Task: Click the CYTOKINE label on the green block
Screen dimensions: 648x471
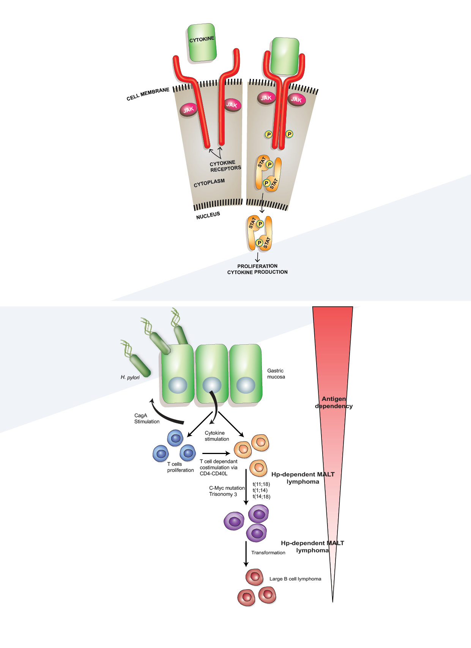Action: (202, 39)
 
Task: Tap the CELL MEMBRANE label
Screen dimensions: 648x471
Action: (148, 94)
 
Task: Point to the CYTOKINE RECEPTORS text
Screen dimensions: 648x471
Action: (225, 166)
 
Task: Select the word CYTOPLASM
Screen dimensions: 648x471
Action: (209, 183)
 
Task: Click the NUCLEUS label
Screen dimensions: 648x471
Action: (208, 216)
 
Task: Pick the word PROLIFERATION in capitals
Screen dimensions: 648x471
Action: (257, 266)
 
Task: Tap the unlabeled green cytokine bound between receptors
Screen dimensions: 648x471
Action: (284, 56)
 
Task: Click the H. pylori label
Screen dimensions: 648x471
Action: (130, 377)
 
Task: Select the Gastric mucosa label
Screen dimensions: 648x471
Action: (276, 374)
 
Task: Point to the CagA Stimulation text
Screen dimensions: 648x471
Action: (147, 418)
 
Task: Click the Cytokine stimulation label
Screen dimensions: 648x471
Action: (217, 436)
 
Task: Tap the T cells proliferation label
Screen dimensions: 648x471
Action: (180, 467)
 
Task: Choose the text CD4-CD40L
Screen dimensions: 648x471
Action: (214, 473)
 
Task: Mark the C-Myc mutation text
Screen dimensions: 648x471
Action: (227, 488)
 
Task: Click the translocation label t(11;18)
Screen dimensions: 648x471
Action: (261, 484)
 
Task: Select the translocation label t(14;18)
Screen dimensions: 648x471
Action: (261, 497)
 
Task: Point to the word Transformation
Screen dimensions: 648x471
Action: (268, 552)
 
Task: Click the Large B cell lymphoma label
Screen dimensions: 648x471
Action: (295, 579)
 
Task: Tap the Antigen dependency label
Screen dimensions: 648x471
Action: (334, 402)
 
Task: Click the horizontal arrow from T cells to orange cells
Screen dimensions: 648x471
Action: (216, 453)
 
